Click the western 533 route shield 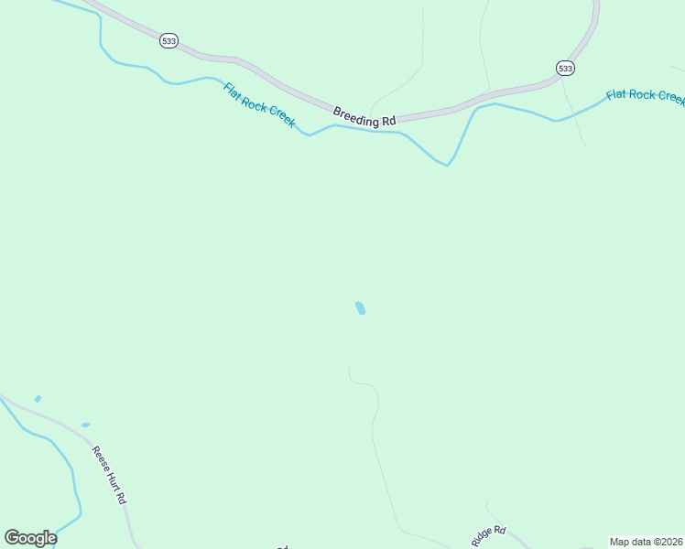pos(168,40)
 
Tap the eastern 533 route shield pos(565,68)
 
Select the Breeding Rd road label pos(364,116)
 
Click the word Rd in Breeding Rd pos(388,120)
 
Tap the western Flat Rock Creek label pos(260,105)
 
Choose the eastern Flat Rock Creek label pos(645,95)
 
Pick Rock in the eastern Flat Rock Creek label pos(637,94)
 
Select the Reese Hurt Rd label pos(108,476)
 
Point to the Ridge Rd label pos(489,536)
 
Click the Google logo pos(30,538)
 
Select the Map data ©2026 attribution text pos(646,542)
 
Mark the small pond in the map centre pos(360,308)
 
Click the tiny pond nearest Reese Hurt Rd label pos(86,425)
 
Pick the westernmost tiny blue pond pos(38,399)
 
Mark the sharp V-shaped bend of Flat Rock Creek pos(447,165)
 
